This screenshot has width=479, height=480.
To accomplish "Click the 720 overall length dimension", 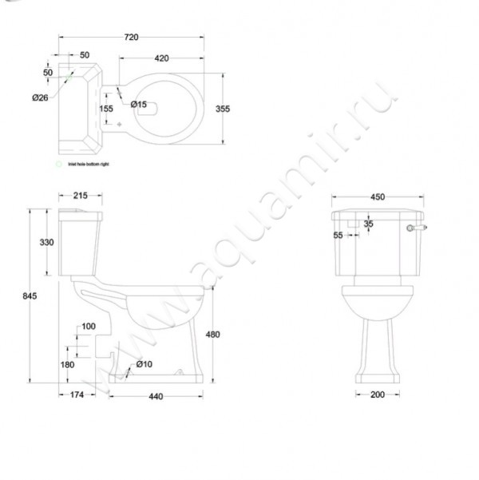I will click(x=133, y=38).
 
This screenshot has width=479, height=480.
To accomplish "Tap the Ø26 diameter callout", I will click(x=40, y=97).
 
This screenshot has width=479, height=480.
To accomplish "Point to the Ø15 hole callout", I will click(x=138, y=104).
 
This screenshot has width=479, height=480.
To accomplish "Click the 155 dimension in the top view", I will click(x=106, y=109).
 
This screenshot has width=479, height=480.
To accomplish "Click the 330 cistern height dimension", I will click(x=46, y=243).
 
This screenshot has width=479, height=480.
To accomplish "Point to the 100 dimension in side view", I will click(x=88, y=326).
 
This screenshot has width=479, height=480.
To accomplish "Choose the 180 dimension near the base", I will click(x=67, y=364).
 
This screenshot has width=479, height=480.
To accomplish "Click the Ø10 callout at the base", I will click(x=144, y=364).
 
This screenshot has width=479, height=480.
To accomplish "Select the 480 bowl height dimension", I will click(x=214, y=334).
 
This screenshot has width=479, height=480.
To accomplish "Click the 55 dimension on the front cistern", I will click(x=338, y=235).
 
